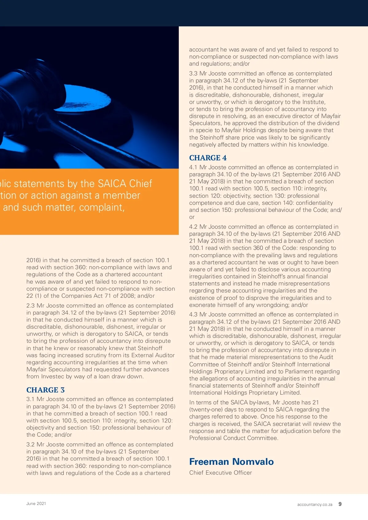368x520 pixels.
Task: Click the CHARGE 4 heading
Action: click(x=208, y=158)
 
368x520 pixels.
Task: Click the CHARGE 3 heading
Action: click(x=45, y=390)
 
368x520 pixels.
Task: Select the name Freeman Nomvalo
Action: click(x=231, y=461)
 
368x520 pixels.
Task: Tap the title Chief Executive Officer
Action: click(x=220, y=473)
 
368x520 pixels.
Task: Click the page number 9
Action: click(x=340, y=504)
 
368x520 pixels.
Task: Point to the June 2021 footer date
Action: click(x=36, y=503)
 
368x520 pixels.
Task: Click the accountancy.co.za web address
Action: click(x=315, y=504)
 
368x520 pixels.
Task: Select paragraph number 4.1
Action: click(x=193, y=167)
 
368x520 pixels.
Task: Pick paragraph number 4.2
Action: click(x=193, y=227)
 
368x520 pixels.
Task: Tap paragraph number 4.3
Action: click(x=193, y=315)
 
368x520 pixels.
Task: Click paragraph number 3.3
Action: click(x=193, y=74)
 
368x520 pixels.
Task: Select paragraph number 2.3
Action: click(x=30, y=306)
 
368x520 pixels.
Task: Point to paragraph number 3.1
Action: click(x=30, y=399)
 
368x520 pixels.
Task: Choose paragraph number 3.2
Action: click(x=30, y=445)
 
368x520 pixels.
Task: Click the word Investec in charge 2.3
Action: click(x=53, y=377)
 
